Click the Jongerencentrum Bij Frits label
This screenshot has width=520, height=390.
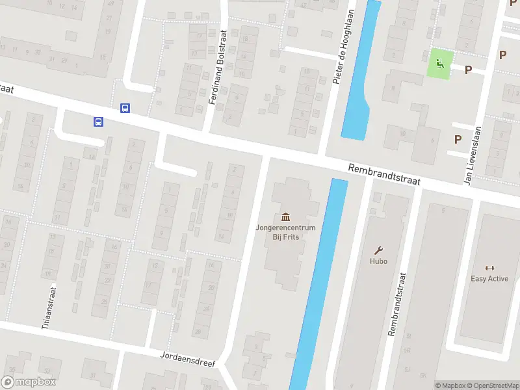[285, 232]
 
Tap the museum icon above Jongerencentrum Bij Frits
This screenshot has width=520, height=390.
[285, 216]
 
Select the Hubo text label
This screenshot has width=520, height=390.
[379, 261]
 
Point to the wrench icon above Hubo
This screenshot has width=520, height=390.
[379, 250]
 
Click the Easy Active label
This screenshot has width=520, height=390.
[489, 279]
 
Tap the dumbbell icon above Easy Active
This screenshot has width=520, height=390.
[489, 267]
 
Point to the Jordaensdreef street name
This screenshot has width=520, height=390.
[187, 360]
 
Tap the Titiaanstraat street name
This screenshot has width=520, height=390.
[46, 309]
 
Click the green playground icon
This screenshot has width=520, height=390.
[440, 64]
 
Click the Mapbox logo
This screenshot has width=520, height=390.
[29, 382]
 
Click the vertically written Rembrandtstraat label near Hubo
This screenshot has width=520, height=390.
[393, 304]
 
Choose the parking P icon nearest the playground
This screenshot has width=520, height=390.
[467, 70]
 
